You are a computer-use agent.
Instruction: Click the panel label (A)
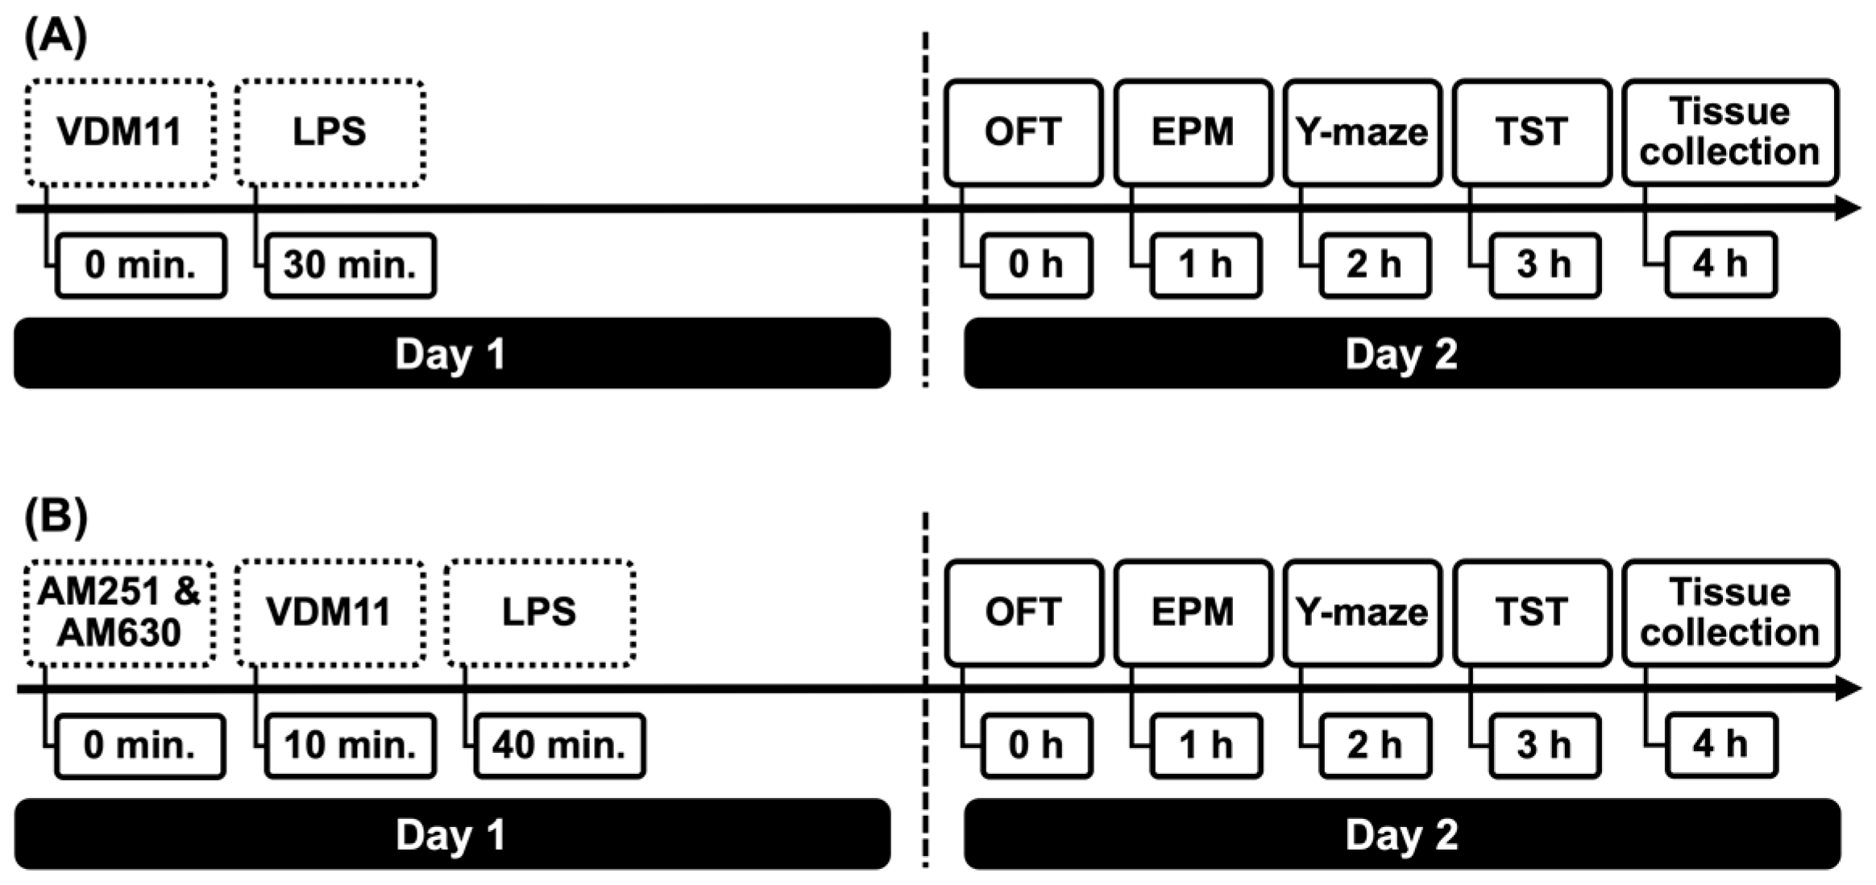[x=55, y=37]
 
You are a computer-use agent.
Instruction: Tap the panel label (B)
[x=55, y=516]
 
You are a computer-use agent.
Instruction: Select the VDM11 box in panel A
[x=120, y=133]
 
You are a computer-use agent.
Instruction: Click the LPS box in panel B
[x=539, y=613]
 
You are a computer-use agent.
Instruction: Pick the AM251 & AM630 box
[x=120, y=613]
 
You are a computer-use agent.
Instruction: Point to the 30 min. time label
[x=350, y=266]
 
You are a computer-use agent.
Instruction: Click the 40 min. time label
[x=559, y=746]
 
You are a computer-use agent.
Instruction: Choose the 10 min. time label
[x=350, y=746]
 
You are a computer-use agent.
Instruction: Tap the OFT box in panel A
[x=1023, y=133]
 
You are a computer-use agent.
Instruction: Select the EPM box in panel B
[x=1193, y=613]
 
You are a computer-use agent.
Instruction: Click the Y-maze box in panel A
[x=1362, y=133]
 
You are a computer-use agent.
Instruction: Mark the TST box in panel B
[x=1531, y=613]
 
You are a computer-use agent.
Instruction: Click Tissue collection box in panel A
[x=1729, y=133]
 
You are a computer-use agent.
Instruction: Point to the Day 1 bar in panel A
[x=451, y=354]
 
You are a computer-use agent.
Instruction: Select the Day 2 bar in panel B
[x=1401, y=834]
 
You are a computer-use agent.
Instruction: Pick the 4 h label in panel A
[x=1720, y=265]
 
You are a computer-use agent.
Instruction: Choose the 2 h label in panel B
[x=1375, y=746]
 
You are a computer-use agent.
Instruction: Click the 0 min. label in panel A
[x=140, y=266]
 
